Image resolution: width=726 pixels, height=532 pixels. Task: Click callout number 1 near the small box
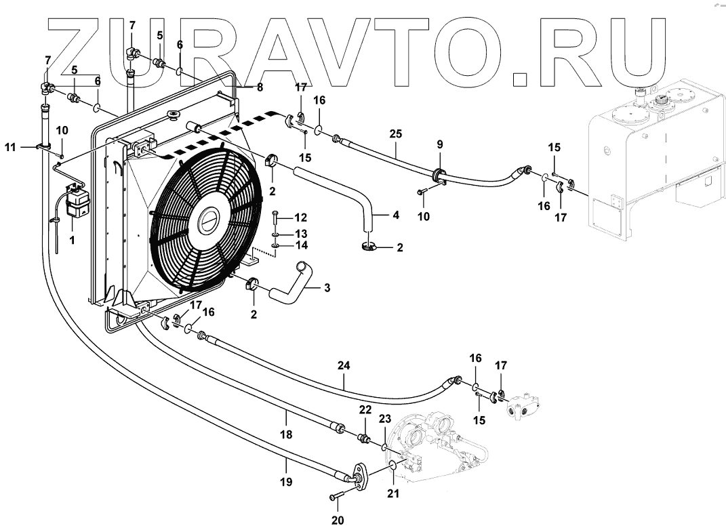73,241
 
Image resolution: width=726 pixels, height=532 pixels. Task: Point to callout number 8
260,87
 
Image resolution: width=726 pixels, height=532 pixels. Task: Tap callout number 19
286,482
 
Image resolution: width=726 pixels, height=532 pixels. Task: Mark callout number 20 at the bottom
337,520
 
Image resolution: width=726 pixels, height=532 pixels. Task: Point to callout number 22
365,409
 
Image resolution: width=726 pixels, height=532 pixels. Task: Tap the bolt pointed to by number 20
338,497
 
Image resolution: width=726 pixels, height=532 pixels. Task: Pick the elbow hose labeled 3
291,285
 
